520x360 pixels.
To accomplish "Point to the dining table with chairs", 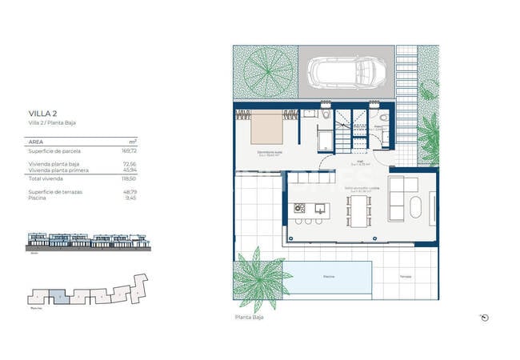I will click(x=358, y=211).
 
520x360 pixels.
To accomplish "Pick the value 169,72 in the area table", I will click(x=129, y=150).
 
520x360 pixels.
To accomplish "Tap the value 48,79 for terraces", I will click(x=129, y=191).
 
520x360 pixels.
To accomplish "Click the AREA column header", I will click(x=36, y=141).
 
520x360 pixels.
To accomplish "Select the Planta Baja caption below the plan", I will click(x=249, y=317).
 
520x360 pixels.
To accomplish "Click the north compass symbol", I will click(x=484, y=317).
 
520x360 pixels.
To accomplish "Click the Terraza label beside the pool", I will click(x=406, y=277).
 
